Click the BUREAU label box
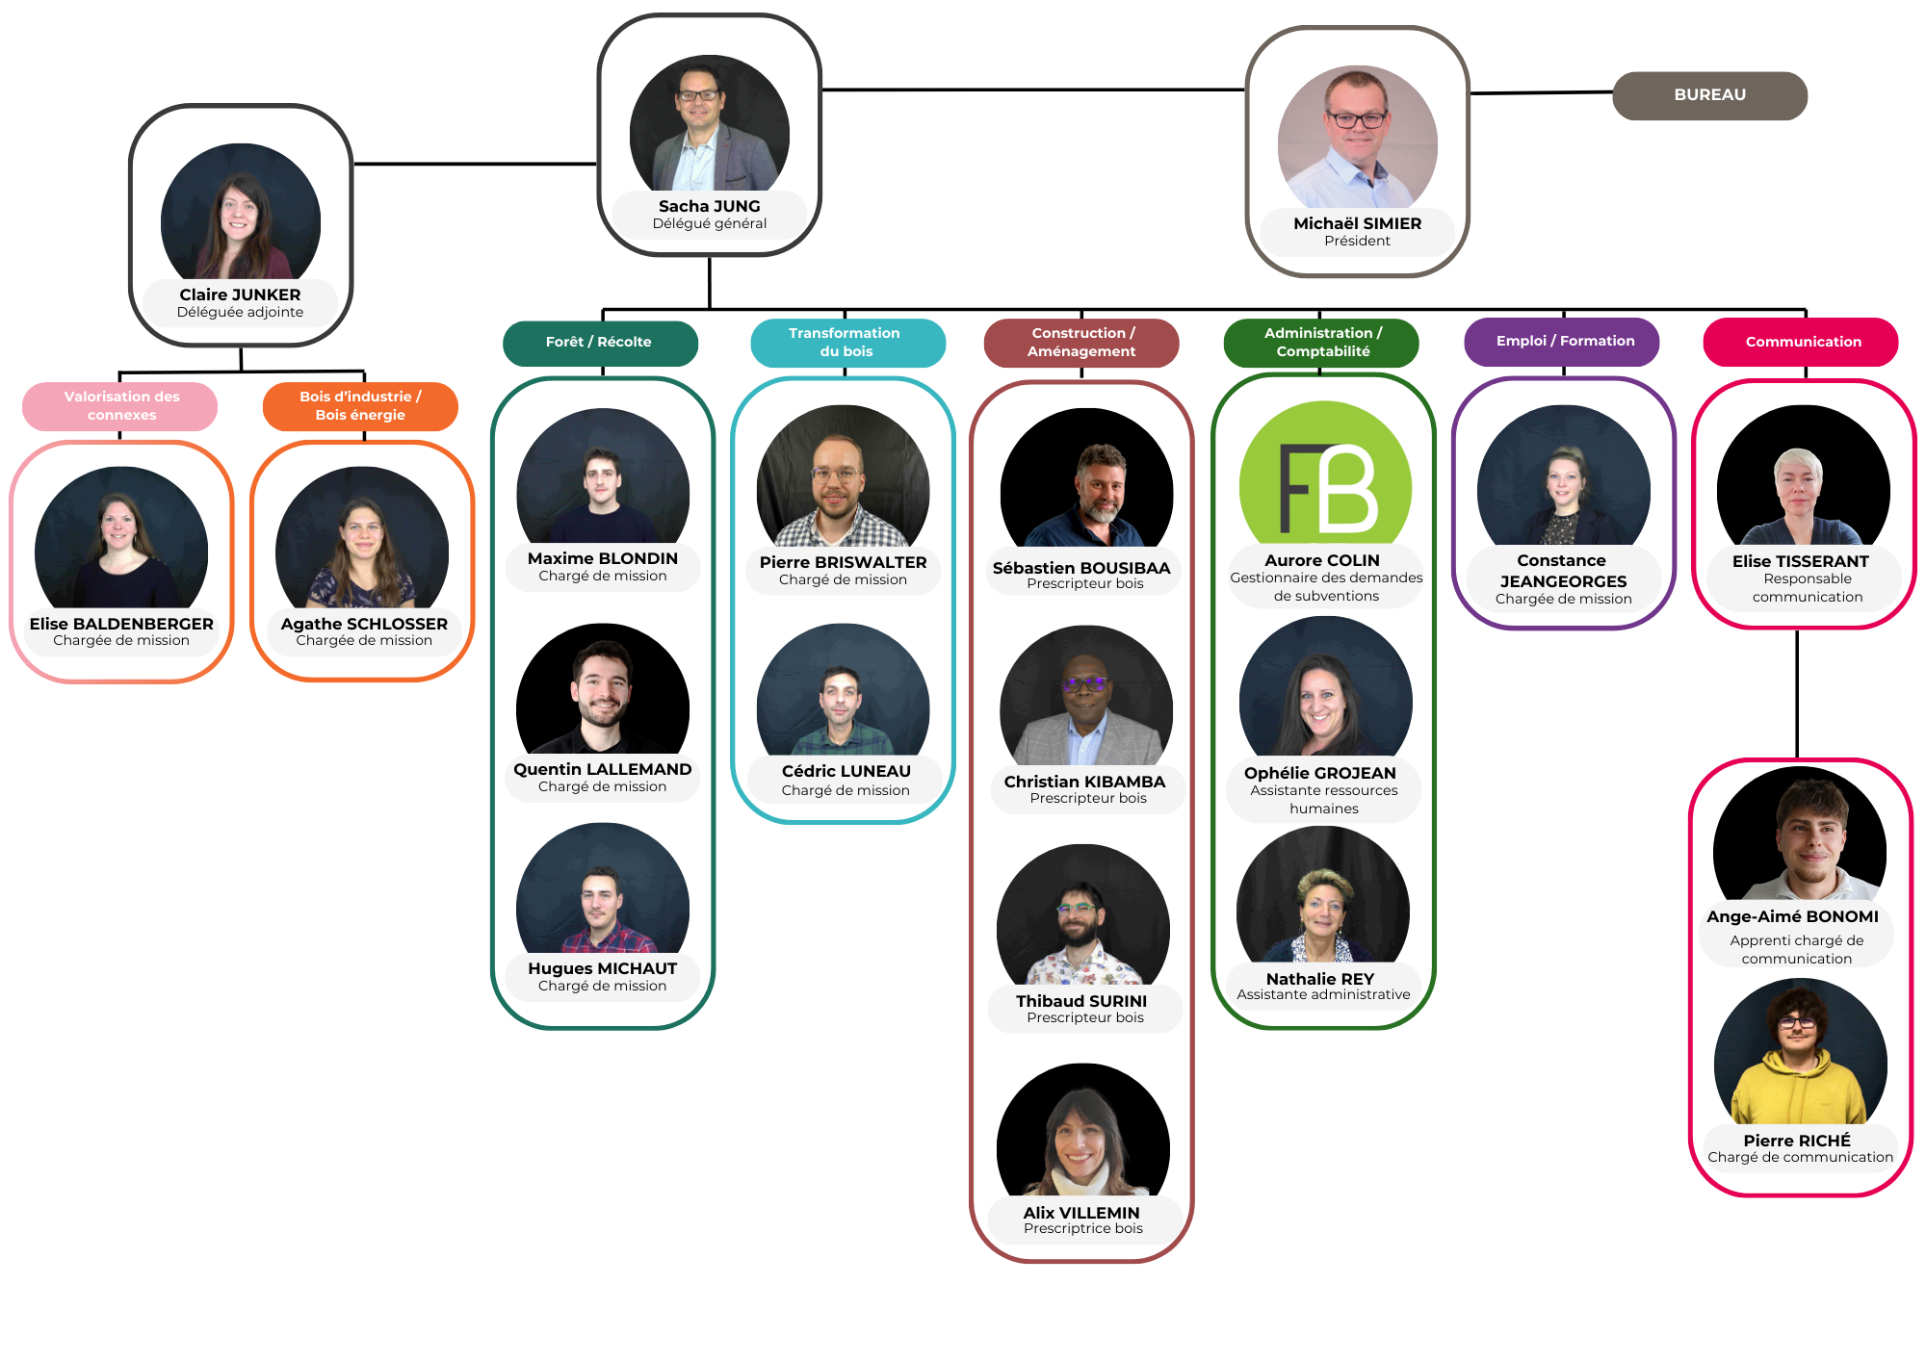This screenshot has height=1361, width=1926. coord(1709,95)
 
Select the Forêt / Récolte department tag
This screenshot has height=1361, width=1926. coord(599,343)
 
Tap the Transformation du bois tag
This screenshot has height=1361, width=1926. coord(846,343)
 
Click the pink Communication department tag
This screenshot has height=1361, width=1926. coord(1802,343)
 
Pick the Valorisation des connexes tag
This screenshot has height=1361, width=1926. coord(121,406)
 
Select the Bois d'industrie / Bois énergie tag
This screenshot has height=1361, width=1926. coord(360,406)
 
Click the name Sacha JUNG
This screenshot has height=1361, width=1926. coord(710,206)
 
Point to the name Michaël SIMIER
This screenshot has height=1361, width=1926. coord(1357,223)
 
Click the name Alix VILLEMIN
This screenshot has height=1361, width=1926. coord(1081,1213)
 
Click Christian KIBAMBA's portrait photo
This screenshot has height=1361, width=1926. coord(1086,699)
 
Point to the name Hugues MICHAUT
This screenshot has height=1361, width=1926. coord(603,968)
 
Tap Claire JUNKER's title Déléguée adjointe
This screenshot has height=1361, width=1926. coord(240,313)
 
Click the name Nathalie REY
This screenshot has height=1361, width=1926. coord(1320,979)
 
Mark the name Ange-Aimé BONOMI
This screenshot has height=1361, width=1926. coord(1792,916)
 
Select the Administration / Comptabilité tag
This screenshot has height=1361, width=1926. coord(1322,343)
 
